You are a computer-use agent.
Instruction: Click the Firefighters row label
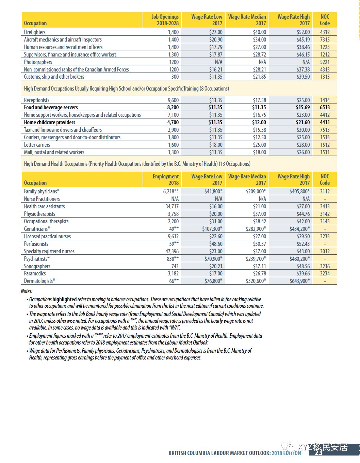point(35,32)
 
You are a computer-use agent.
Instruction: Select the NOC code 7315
point(325,39)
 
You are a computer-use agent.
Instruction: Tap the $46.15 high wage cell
point(303,54)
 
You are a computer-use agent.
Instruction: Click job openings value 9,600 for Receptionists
point(173,100)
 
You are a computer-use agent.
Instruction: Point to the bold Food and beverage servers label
point(51,107)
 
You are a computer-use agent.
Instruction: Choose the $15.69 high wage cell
point(302,107)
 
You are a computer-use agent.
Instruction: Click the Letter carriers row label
point(37,145)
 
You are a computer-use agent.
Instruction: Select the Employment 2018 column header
point(166,179)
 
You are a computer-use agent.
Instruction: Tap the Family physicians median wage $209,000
point(256,191)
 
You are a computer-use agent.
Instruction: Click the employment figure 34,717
point(172,206)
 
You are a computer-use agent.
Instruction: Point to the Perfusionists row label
point(36,244)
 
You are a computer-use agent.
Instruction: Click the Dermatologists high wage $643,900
point(299,281)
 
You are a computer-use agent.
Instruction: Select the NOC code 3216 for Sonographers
point(325,266)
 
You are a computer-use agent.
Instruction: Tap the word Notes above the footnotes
point(27,291)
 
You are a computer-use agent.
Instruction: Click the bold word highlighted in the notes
point(65,299)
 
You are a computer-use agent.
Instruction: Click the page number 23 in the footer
point(318,452)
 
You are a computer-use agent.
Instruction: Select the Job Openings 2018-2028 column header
point(165,20)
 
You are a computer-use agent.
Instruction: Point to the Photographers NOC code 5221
point(325,62)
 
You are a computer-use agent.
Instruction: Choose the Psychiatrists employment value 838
point(172,259)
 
